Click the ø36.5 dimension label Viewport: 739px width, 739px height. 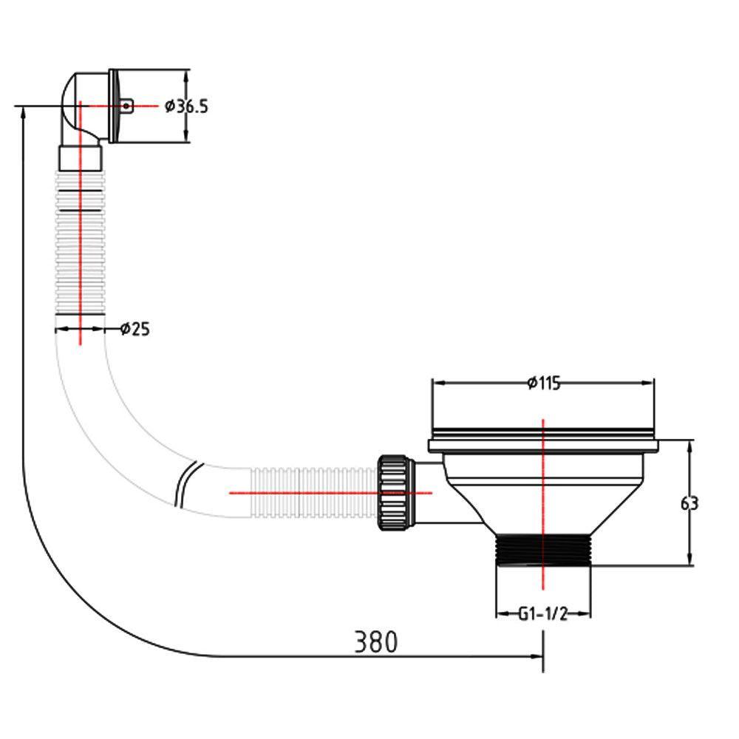pyautogui.click(x=186, y=106)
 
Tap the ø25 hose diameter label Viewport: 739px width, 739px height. pyautogui.click(x=135, y=329)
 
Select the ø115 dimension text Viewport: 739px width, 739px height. pyautogui.click(x=545, y=383)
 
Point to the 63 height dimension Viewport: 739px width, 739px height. pyautogui.click(x=689, y=504)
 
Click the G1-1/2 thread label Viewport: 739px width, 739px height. pyautogui.click(x=543, y=614)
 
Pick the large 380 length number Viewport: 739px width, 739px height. pyautogui.click(x=375, y=641)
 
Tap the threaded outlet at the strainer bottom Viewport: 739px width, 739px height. pyautogui.click(x=543, y=550)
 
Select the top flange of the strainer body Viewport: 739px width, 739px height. pyautogui.click(x=544, y=446)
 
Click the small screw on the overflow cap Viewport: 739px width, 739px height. pyautogui.click(x=126, y=106)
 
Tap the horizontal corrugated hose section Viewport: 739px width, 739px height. pyautogui.click(x=313, y=492)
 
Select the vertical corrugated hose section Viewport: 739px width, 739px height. pyautogui.click(x=80, y=242)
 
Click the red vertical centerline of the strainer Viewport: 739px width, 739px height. pyautogui.click(x=543, y=504)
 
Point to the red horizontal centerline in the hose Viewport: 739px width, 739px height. pyautogui.click(x=330, y=493)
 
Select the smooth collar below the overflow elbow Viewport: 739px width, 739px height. pyautogui.click(x=80, y=158)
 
